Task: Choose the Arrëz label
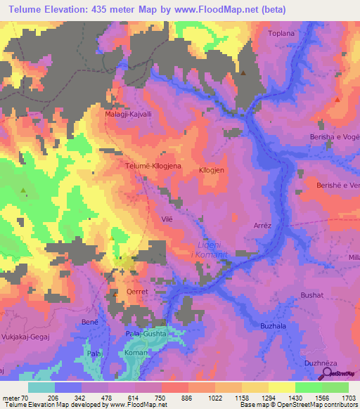(x=262, y=226)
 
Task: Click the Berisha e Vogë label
(x=335, y=137)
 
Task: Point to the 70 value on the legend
(x=25, y=398)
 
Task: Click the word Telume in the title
(x=30, y=10)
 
